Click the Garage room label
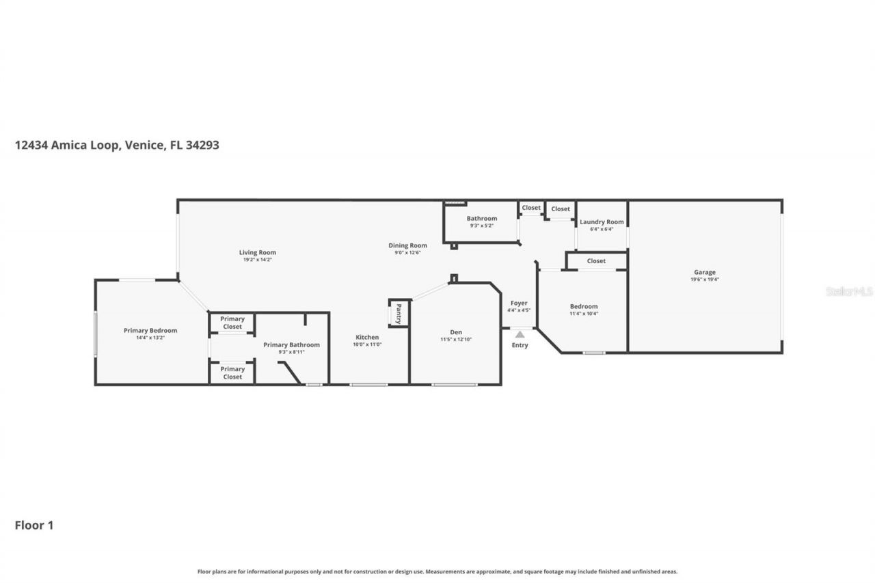pyautogui.click(x=705, y=272)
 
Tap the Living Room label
pyautogui.click(x=257, y=252)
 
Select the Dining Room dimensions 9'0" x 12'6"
pyautogui.click(x=407, y=253)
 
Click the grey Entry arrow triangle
pyautogui.click(x=520, y=334)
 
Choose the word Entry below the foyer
pyautogui.click(x=520, y=345)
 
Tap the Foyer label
pyautogui.click(x=519, y=303)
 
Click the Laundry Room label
pyautogui.click(x=602, y=221)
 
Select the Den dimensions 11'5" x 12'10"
pyautogui.click(x=456, y=340)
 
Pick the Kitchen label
pyautogui.click(x=367, y=337)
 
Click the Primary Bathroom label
pyautogui.click(x=291, y=344)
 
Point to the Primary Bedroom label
pyautogui.click(x=150, y=330)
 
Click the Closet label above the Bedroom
pyautogui.click(x=596, y=260)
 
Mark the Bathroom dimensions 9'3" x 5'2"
pyautogui.click(x=482, y=226)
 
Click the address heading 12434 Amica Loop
pyautogui.click(x=117, y=145)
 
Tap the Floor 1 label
pyautogui.click(x=34, y=526)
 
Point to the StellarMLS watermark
pyautogui.click(x=849, y=291)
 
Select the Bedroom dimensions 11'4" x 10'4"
pyautogui.click(x=584, y=314)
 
